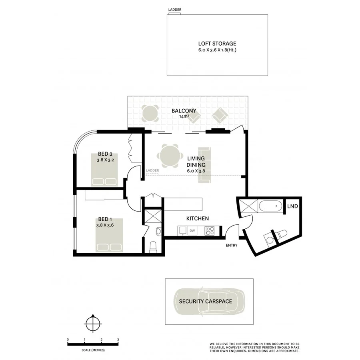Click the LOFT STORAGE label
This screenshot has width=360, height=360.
[x=217, y=44]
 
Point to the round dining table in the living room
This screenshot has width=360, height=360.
[x=170, y=156]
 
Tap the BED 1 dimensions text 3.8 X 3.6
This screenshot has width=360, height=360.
[x=106, y=225]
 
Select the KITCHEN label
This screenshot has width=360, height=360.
[x=198, y=219]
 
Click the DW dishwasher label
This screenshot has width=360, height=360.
[x=192, y=231]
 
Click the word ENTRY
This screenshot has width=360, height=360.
[x=232, y=246]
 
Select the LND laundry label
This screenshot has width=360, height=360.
[x=293, y=206]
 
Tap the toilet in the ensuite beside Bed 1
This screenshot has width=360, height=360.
[x=152, y=247]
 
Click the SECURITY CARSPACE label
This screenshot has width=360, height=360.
[x=205, y=301]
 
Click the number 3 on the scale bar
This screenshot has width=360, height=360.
[x=118, y=340]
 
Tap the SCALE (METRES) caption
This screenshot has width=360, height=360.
[x=93, y=350]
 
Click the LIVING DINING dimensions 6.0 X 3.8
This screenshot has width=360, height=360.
[x=196, y=171]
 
